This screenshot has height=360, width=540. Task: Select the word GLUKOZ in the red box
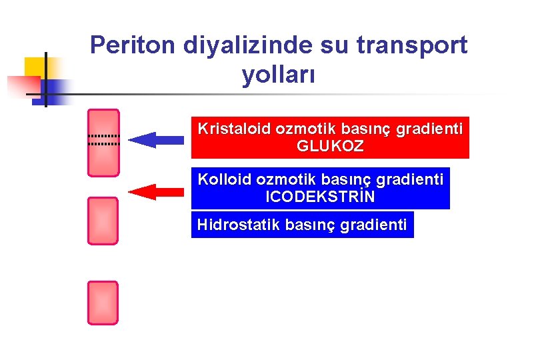[x=330, y=147]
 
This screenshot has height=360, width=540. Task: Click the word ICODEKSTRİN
[x=320, y=198]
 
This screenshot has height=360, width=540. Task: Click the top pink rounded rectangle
[x=103, y=143]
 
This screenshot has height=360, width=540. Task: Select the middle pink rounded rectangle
[x=103, y=221]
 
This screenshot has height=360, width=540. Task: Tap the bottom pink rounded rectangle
[x=103, y=303]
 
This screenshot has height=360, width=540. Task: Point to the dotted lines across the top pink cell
[x=103, y=139]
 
